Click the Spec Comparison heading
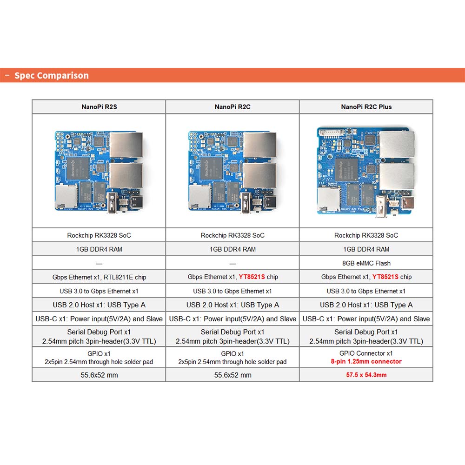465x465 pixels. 51,75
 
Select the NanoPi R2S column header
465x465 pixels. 99,107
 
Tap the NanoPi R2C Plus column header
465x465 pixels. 366,107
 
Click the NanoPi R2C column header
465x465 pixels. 232,107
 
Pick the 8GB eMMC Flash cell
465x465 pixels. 366,263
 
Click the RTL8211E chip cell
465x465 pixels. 99,277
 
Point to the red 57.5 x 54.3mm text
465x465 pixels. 366,375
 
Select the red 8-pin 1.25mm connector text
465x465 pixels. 366,361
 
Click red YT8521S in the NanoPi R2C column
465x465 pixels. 252,277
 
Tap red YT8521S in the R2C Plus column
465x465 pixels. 385,277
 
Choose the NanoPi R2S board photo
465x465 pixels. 99,170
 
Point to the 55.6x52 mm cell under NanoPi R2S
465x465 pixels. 99,375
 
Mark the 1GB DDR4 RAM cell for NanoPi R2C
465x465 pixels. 232,249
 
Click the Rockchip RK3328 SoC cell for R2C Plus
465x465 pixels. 366,235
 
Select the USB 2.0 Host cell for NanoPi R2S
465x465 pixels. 99,305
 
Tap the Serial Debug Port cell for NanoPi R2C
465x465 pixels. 232,337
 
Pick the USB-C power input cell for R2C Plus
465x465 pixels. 366,319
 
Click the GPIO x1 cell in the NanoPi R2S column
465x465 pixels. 99,358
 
